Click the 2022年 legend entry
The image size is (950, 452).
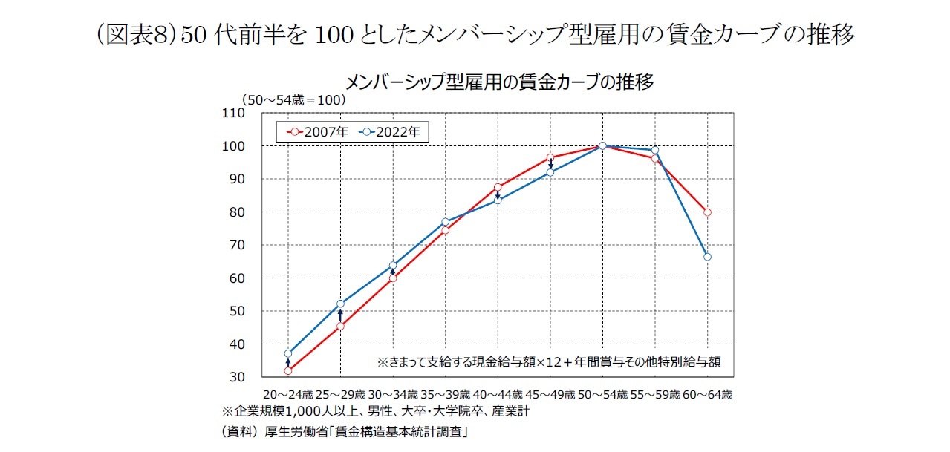click(391, 133)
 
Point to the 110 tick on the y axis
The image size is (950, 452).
click(233, 114)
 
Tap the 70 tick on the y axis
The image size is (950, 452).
click(236, 245)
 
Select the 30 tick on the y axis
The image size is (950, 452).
click(236, 377)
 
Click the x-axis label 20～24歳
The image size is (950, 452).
click(287, 394)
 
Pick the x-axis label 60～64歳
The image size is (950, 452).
click(707, 394)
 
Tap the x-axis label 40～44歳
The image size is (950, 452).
click(498, 394)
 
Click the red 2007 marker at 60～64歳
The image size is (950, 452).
click(707, 212)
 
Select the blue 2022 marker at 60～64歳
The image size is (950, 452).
click(707, 257)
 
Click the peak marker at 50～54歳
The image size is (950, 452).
click(602, 146)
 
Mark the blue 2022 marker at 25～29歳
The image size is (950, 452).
click(340, 304)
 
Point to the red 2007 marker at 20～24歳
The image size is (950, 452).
click(287, 370)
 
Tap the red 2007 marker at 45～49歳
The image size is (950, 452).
click(550, 157)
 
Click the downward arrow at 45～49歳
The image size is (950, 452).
click(550, 165)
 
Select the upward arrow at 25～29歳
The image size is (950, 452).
click(340, 315)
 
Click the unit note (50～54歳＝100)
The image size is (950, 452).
click(292, 99)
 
